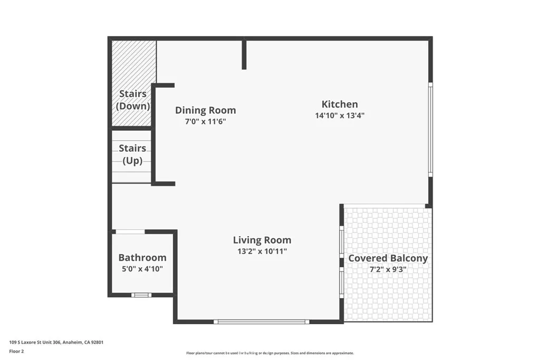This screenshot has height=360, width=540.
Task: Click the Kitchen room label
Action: click(x=340, y=104)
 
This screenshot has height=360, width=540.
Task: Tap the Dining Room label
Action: click(x=205, y=110)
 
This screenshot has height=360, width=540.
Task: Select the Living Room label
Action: click(x=262, y=240)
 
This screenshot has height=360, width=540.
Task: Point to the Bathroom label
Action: click(x=142, y=258)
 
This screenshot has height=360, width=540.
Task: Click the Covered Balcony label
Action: click(x=388, y=258)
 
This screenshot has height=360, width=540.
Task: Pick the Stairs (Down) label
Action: click(x=133, y=100)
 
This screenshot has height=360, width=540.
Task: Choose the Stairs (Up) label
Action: click(x=132, y=154)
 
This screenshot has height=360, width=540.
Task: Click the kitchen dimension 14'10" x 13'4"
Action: click(x=340, y=116)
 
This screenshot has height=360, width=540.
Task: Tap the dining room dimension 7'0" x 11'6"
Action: click(x=205, y=122)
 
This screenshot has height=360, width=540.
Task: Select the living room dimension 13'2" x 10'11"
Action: click(x=262, y=251)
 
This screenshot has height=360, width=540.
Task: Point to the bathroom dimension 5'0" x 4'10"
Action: click(x=142, y=269)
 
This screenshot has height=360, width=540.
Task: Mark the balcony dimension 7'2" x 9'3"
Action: click(x=388, y=269)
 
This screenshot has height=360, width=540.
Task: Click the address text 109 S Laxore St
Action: click(x=56, y=342)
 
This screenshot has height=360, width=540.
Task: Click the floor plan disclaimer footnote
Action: click(x=269, y=353)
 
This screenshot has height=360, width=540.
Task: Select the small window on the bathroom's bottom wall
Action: click(x=141, y=295)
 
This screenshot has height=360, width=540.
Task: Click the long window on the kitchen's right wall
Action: click(x=430, y=130)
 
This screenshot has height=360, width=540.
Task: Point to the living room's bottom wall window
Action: click(x=262, y=321)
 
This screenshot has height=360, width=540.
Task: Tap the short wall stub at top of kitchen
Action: click(x=244, y=54)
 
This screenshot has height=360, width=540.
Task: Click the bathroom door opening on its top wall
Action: click(x=130, y=231)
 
